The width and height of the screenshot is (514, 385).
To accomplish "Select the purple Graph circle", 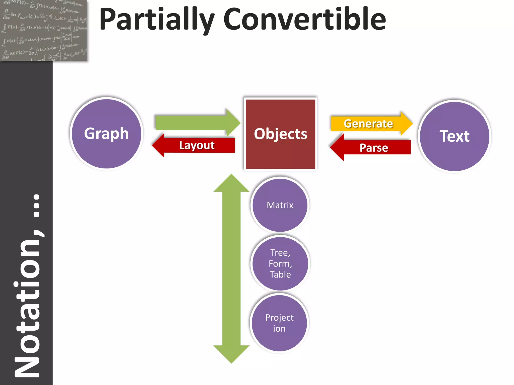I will (106, 134).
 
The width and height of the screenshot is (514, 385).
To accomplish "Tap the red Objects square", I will (280, 134).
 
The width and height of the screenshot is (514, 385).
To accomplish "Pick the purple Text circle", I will (455, 136).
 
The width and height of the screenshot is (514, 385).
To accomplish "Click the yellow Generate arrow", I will (369, 124).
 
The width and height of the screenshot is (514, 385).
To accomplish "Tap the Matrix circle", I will (280, 205).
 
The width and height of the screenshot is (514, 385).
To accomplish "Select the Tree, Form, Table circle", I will (280, 263).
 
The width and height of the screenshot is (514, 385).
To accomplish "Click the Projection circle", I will (279, 323).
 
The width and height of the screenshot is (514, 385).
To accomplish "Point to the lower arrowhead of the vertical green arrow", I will (231, 354).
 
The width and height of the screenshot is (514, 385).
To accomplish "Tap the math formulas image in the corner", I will (43, 30).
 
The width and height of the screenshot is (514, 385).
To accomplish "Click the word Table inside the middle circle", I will (280, 274).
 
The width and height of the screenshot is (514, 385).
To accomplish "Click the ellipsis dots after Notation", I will (37, 205).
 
